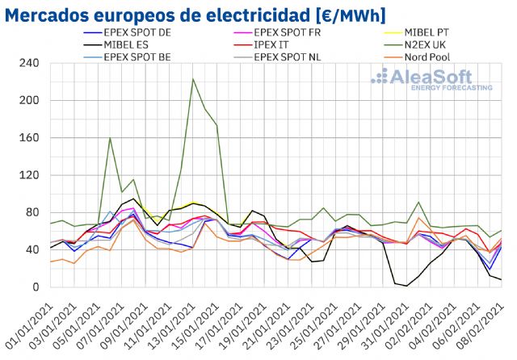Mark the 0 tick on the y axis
point(36,287)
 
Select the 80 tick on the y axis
point(33,213)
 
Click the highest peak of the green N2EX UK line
point(193,79)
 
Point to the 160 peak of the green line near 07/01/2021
point(110,138)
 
